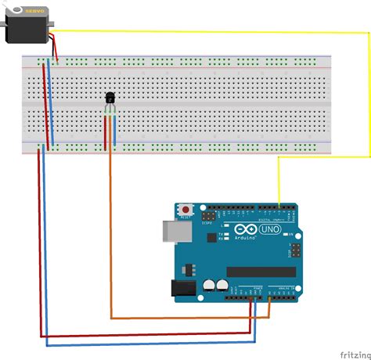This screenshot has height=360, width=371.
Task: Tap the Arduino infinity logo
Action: (243, 229)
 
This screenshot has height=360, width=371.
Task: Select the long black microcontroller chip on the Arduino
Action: (261, 272)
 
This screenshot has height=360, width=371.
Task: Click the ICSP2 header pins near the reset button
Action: (209, 214)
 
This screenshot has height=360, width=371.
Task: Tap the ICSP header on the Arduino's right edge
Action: (295, 250)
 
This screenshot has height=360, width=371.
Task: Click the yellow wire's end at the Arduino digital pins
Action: (279, 205)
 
